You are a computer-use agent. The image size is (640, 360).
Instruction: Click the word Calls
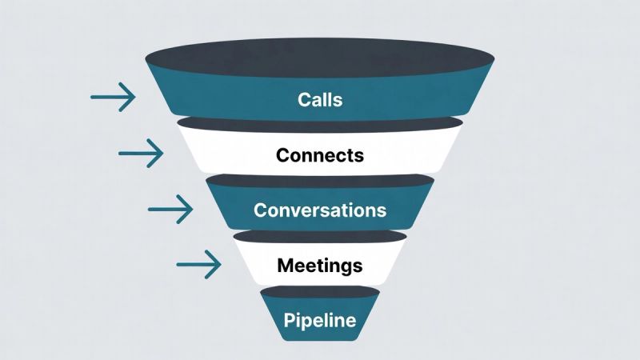[x=319, y=100]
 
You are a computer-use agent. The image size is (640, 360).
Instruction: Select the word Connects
[x=319, y=155]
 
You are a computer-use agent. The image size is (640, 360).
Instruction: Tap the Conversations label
[x=319, y=210]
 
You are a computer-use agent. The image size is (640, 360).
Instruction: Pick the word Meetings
[x=319, y=265]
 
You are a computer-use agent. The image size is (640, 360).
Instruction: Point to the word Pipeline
[x=319, y=321]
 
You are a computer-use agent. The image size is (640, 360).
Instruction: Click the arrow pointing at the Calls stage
[x=113, y=97]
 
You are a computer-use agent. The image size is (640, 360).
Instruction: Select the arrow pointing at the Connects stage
[x=141, y=151]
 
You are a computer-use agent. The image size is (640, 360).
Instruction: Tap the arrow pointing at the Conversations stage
[x=170, y=210]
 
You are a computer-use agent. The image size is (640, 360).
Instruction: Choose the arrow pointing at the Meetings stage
[x=198, y=264]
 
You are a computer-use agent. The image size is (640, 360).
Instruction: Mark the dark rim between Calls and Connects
[x=319, y=123]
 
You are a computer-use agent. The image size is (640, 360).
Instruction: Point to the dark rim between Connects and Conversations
[x=319, y=181]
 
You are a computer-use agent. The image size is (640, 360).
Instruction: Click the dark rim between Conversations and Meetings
[x=319, y=237]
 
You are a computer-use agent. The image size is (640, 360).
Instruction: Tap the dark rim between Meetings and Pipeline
[x=319, y=292]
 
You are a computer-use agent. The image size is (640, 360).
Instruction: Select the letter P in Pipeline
[x=289, y=321]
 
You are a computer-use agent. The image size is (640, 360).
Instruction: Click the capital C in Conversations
[x=260, y=210]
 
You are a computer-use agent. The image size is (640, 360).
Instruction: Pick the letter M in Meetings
[x=283, y=265]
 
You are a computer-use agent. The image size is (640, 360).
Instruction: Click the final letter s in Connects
[x=359, y=156]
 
